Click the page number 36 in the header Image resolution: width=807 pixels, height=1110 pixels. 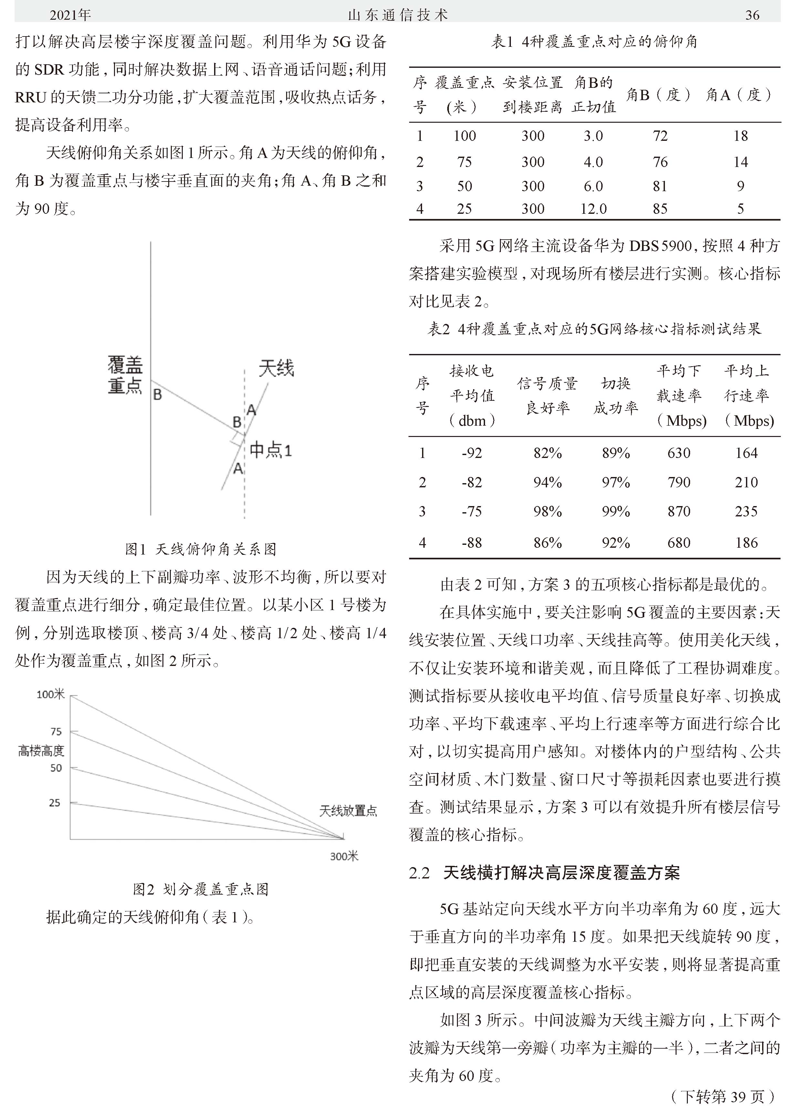[752, 15]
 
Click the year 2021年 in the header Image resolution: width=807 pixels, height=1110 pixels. [70, 15]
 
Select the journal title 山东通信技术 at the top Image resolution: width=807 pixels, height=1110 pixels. [398, 15]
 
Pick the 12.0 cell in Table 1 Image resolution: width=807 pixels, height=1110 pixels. [593, 209]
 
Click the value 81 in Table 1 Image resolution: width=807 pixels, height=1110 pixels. [660, 186]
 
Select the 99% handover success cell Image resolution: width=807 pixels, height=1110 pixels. [615, 512]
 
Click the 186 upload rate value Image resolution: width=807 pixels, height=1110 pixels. [746, 542]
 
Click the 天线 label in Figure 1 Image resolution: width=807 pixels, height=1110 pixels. [276, 368]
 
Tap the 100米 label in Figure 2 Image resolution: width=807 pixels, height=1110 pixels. [50, 694]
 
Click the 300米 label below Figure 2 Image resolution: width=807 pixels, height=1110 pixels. [344, 856]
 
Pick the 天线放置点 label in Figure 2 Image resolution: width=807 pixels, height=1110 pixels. [348, 811]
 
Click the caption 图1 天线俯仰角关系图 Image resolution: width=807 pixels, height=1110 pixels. [201, 549]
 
